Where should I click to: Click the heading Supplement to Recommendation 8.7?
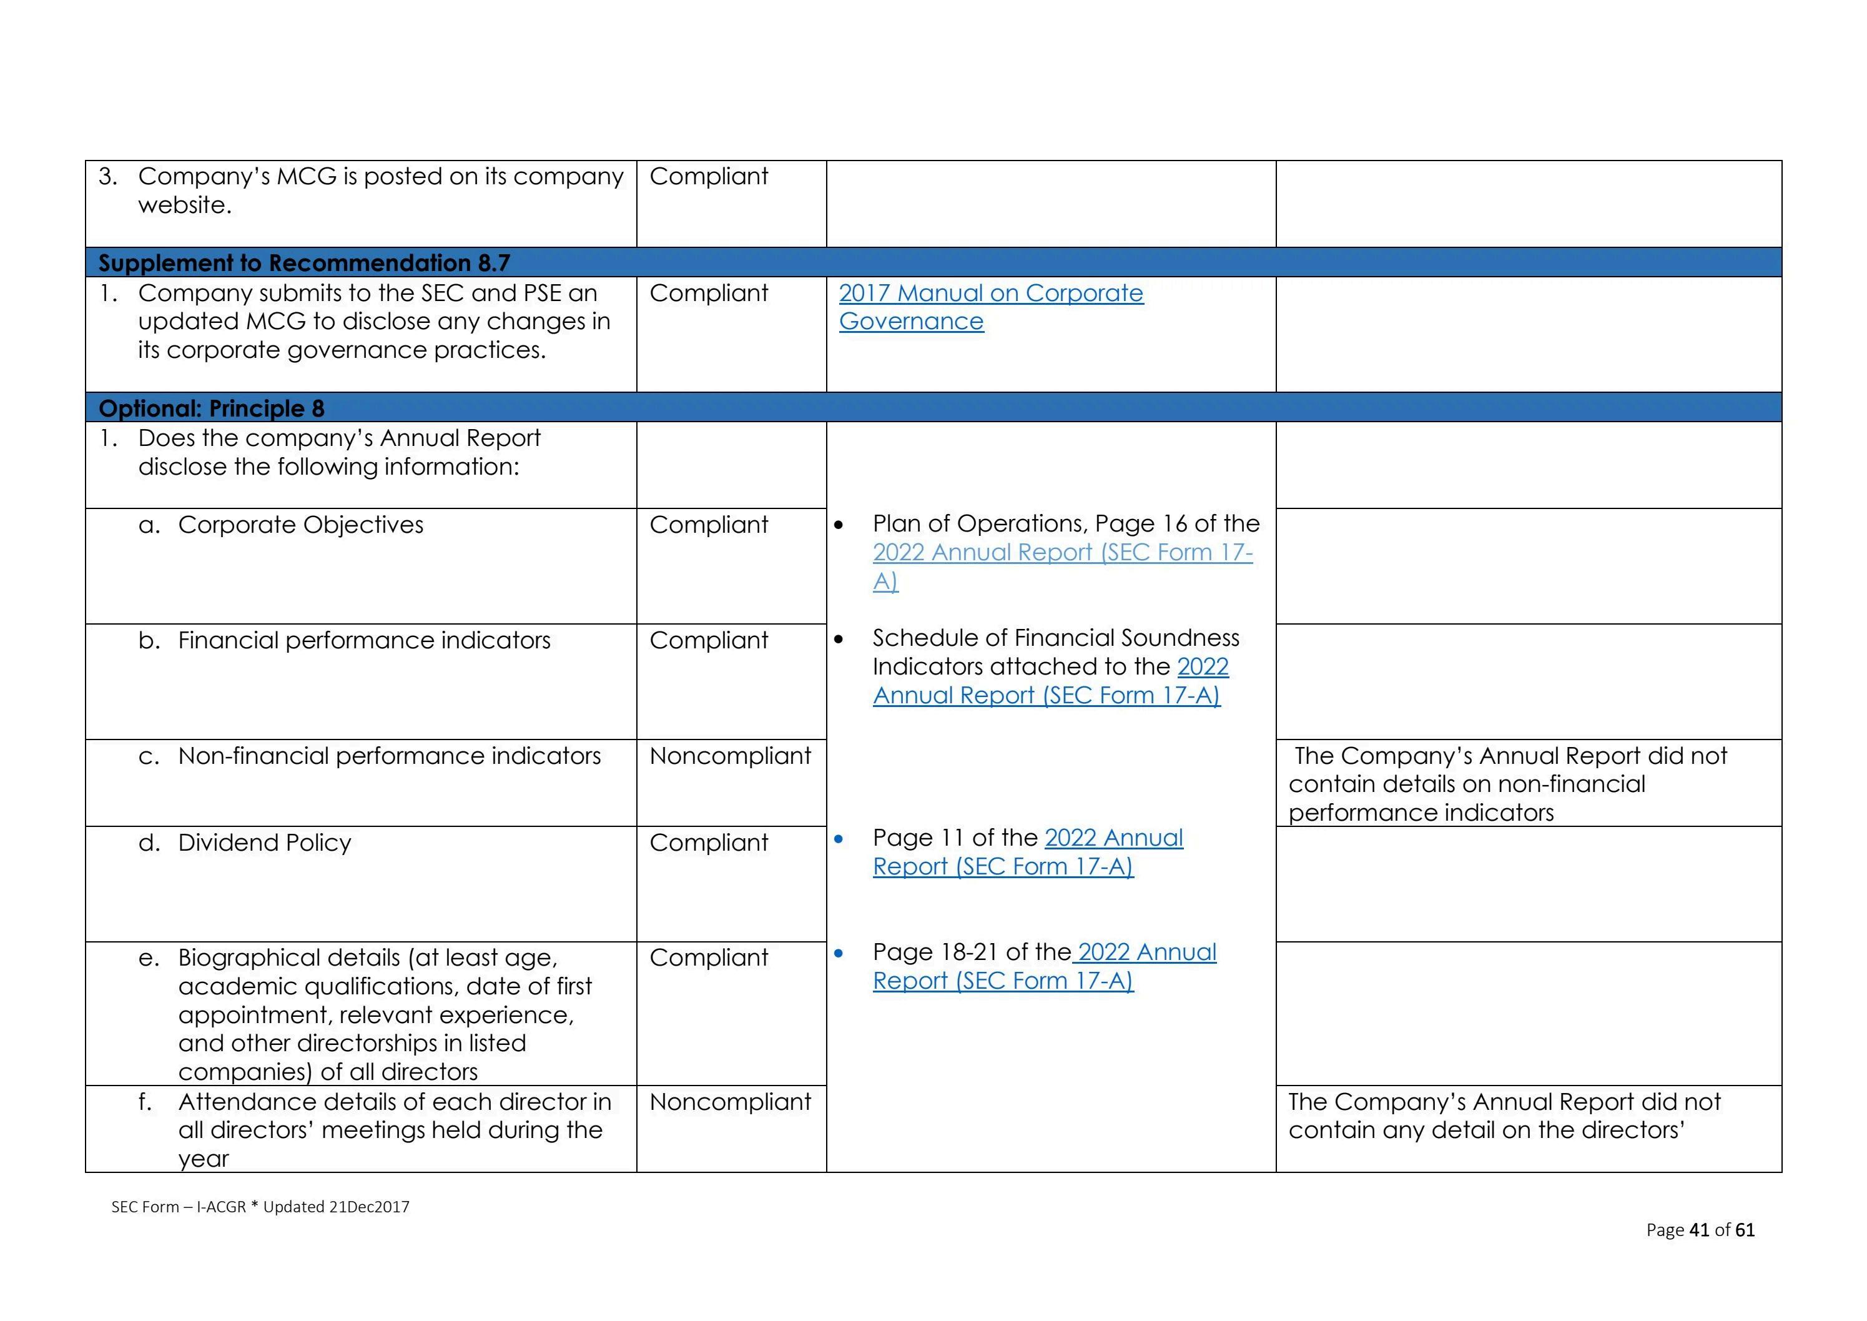coord(304,263)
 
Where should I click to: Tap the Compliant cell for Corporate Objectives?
coord(708,525)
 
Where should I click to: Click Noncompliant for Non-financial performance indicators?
coord(729,756)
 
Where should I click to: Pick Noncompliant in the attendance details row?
coord(729,1102)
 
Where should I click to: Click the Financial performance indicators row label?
coord(363,641)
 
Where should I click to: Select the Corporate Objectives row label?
coord(300,525)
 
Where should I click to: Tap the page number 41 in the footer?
coord(1698,1230)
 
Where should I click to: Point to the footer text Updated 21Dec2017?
coord(336,1207)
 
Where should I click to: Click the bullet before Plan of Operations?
coord(839,525)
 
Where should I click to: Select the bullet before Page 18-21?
coord(839,953)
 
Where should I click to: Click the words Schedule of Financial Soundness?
coord(1055,638)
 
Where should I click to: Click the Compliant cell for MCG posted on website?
coord(708,177)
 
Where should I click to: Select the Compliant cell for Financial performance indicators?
coord(708,641)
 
